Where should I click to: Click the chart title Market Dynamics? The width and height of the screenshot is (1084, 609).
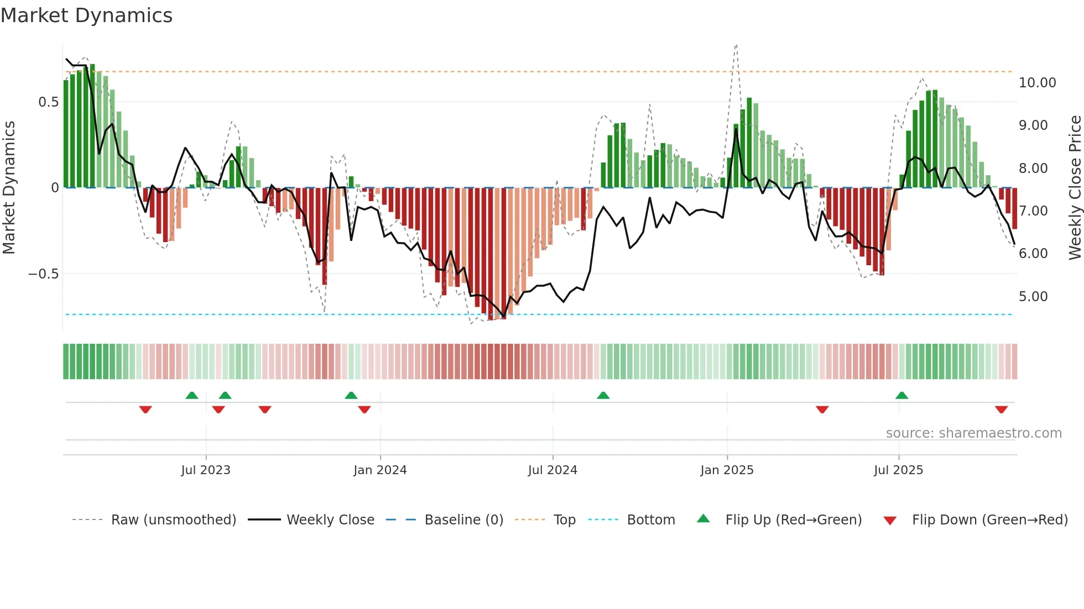click(x=86, y=15)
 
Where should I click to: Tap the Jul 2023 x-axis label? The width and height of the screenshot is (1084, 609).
click(x=206, y=470)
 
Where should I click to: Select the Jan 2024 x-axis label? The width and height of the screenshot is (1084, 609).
click(x=380, y=470)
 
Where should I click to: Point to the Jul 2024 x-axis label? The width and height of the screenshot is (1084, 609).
click(x=553, y=470)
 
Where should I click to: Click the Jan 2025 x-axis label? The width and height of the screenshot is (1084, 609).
click(x=727, y=470)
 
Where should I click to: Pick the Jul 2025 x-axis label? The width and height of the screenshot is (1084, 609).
click(x=898, y=470)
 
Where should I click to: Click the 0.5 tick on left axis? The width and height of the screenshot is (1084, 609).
click(x=48, y=102)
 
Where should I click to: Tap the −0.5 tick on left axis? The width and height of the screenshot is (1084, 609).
click(x=43, y=274)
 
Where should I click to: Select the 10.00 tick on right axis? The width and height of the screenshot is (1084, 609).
click(x=1037, y=83)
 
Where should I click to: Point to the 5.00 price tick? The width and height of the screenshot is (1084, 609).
click(x=1033, y=297)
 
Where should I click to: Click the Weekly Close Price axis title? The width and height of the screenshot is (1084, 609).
click(x=1075, y=188)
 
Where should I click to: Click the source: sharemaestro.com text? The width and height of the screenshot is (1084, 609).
click(x=973, y=433)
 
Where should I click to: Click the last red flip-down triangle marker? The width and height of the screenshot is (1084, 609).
click(x=1001, y=410)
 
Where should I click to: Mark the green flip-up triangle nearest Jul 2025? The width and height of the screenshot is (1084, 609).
click(x=901, y=395)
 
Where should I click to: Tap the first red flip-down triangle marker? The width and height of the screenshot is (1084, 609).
click(x=145, y=410)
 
